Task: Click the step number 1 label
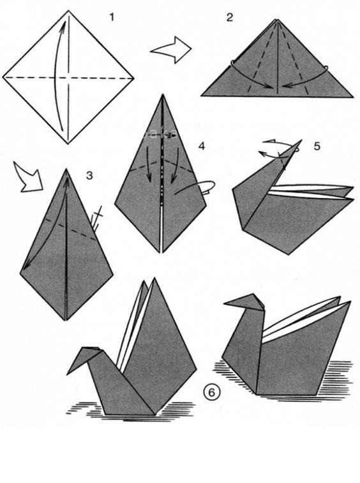[x=112, y=17]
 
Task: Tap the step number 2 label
[x=230, y=17]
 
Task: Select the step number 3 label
[x=89, y=176]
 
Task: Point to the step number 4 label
[x=201, y=146]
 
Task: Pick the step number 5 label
[x=317, y=146]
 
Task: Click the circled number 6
[x=211, y=392]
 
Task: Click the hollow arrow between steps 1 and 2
[x=171, y=50]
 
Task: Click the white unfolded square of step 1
[x=68, y=77]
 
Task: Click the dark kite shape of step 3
[x=66, y=247]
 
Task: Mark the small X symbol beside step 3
[x=98, y=212]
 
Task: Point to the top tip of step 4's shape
[x=162, y=95]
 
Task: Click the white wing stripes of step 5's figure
[x=311, y=192]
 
